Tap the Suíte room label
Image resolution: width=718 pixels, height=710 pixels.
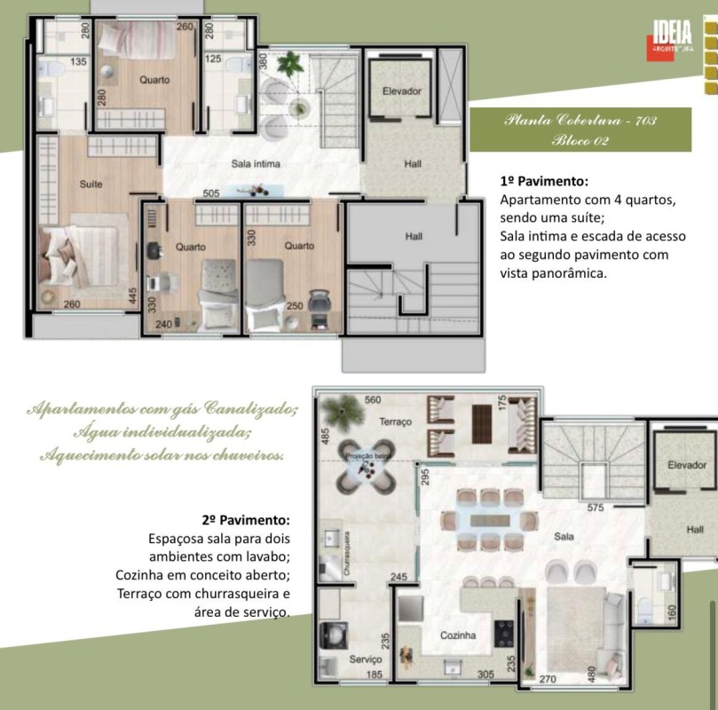91,184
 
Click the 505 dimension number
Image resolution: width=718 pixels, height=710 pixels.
210,193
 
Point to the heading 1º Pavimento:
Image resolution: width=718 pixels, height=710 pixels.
544,182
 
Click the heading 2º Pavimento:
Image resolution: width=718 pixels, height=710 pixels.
246,519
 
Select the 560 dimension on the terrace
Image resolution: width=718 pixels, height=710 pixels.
372,399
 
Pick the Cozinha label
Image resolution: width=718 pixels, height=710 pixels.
458,635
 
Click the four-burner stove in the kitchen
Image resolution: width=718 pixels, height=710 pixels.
506,633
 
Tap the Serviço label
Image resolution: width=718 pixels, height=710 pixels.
366,660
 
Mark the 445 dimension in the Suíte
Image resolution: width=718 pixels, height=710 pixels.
132,296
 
